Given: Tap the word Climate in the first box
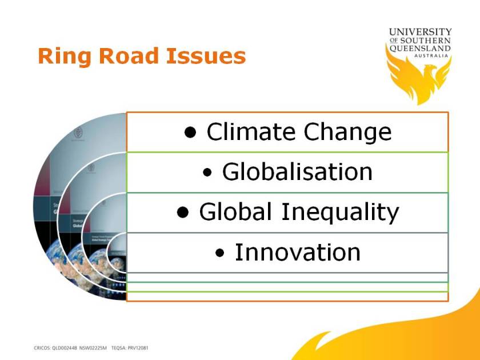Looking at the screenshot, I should tap(251, 132).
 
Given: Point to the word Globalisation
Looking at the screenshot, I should tap(297, 172).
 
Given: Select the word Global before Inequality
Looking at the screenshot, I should tap(235, 212).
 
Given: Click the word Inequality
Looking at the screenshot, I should tap(339, 213).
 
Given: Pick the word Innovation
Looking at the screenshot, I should tap(298, 253).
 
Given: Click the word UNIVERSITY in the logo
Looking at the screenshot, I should tap(421, 32).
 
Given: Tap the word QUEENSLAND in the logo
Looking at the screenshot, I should tap(421, 49).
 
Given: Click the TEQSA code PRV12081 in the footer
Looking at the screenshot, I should tap(138, 348).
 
